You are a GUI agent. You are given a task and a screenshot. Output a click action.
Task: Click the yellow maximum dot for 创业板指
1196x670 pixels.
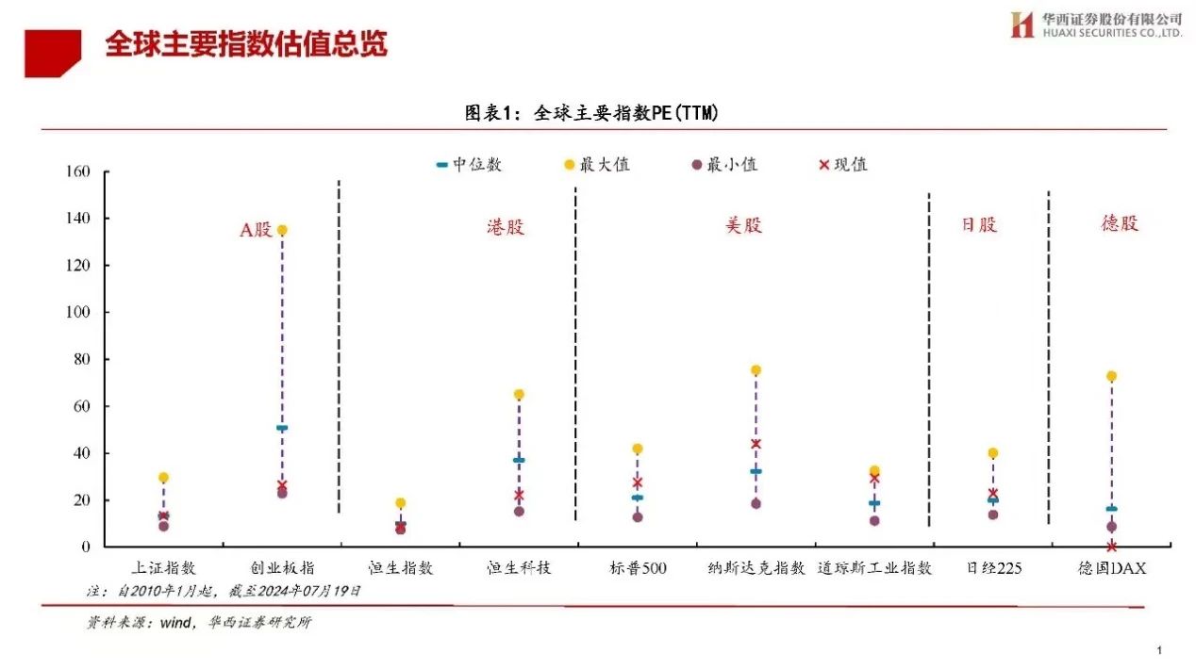(282, 230)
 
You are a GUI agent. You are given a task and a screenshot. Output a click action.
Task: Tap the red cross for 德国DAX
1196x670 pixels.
(1112, 546)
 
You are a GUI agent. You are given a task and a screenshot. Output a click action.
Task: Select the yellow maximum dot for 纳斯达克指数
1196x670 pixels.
(756, 370)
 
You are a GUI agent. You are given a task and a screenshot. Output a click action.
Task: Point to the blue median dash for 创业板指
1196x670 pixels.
(282, 428)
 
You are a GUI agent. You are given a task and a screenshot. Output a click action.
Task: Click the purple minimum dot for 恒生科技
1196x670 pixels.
(519, 512)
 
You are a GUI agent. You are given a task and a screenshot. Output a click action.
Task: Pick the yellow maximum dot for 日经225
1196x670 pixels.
(992, 453)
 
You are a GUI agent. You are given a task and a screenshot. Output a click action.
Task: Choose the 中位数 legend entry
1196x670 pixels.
(469, 165)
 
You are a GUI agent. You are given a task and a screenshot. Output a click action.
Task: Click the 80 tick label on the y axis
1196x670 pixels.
(81, 359)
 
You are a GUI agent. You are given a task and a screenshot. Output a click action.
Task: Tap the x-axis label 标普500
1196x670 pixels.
(638, 568)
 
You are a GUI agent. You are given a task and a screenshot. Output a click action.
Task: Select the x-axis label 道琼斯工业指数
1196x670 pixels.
(874, 568)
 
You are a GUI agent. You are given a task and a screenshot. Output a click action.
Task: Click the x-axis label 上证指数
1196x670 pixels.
(163, 568)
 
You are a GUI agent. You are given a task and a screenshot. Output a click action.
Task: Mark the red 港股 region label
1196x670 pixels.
(506, 227)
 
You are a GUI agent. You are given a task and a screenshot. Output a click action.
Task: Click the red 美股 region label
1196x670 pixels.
(743, 225)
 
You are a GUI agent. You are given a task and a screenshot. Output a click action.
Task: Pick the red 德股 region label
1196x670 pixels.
(1120, 223)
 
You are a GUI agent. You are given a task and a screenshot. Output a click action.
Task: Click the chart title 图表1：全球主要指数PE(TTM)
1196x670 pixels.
(592, 113)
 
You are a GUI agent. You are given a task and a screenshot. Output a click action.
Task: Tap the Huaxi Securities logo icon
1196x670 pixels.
(1022, 25)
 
